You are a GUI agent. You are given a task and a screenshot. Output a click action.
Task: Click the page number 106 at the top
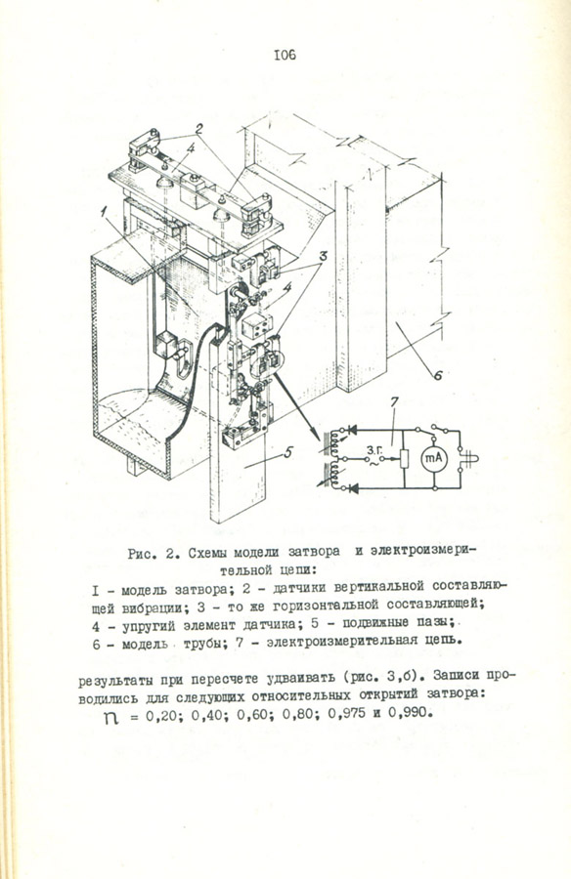tap(285, 55)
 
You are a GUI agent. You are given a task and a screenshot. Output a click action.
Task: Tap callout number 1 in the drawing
tap(105, 211)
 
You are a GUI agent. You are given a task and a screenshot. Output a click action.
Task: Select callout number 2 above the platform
tap(198, 128)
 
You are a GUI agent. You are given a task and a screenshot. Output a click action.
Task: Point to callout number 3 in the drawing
tap(323, 256)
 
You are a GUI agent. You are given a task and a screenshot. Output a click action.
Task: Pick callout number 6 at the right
tap(437, 374)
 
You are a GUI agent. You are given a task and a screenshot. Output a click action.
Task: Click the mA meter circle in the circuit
tap(433, 459)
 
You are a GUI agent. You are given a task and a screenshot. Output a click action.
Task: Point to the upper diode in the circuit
tap(353, 431)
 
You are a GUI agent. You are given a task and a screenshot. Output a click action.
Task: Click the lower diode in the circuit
tap(353, 487)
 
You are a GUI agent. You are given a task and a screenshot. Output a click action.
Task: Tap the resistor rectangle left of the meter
tap(405, 459)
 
